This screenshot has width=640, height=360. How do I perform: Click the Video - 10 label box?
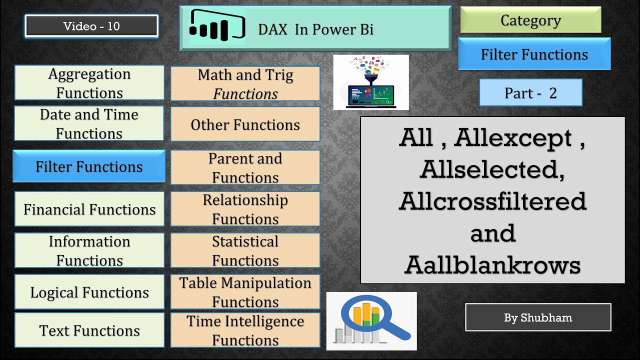(x=91, y=26)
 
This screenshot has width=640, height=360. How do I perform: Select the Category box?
(x=530, y=20)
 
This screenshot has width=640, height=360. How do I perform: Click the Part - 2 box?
(x=530, y=93)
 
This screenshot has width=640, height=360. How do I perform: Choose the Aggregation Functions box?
(x=89, y=83)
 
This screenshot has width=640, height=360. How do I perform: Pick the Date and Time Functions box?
(x=89, y=123)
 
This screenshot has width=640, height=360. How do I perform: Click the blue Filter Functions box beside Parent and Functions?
(x=89, y=166)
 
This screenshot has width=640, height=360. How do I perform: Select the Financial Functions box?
(x=89, y=209)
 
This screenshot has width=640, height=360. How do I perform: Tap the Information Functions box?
(x=89, y=250)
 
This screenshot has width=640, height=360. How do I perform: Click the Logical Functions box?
(x=89, y=292)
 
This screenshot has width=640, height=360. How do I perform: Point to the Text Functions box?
(x=89, y=330)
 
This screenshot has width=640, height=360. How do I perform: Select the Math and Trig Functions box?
(x=245, y=84)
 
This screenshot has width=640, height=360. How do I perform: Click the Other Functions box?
(x=245, y=124)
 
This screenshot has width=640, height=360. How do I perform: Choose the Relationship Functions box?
(x=245, y=209)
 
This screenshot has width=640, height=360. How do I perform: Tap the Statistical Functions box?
(x=245, y=250)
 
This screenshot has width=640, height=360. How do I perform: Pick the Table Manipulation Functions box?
(x=245, y=292)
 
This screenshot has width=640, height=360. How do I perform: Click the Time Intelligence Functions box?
(x=245, y=330)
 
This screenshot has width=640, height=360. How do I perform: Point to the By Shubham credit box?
(x=538, y=317)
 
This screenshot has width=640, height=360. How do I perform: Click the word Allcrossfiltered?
(x=492, y=201)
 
